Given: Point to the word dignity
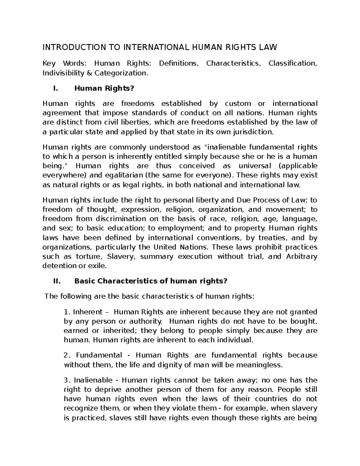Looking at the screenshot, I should click(x=169, y=365).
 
